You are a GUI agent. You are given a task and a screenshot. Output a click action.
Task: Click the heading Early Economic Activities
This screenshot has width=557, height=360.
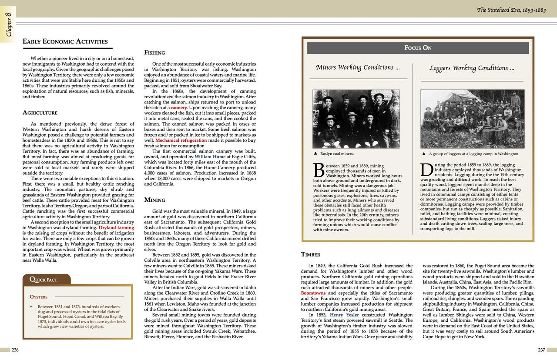pos(65,42)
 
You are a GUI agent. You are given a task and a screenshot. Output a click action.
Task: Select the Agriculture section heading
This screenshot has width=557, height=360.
pos(40,113)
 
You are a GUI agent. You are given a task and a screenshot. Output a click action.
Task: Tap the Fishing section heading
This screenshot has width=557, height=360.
pos(154,53)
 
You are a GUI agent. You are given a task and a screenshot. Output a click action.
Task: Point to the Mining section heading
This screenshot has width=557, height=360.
pos(154,200)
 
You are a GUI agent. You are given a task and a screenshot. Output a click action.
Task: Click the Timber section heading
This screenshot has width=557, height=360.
pos(311,254)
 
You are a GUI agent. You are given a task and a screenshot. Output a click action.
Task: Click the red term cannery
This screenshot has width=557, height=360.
pos(179,107)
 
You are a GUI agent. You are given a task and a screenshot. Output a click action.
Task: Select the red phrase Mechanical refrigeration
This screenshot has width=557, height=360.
pos(181,140)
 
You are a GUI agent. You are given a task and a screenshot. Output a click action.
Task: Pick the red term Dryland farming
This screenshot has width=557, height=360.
pos(116,227)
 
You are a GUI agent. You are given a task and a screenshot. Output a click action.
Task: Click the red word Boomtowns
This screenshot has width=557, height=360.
pos(313,293)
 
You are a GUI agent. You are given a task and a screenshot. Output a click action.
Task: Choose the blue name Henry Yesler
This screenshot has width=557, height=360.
pos(345,314)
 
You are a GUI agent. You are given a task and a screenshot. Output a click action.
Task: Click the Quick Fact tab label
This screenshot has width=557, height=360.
pos(43,280)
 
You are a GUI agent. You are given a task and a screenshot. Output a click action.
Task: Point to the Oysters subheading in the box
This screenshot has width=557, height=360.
pos(38,297)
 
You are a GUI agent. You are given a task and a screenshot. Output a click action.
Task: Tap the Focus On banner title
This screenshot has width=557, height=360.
pos(418,48)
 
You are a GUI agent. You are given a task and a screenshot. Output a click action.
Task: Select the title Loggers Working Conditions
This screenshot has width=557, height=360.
pos(472,68)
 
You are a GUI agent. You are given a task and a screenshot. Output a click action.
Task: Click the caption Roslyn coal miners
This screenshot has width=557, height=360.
pos(336,154)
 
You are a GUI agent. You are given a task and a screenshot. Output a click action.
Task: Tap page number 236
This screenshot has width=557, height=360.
pos(15,350)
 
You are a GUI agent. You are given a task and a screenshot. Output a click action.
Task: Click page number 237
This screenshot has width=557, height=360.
pos(541,350)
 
